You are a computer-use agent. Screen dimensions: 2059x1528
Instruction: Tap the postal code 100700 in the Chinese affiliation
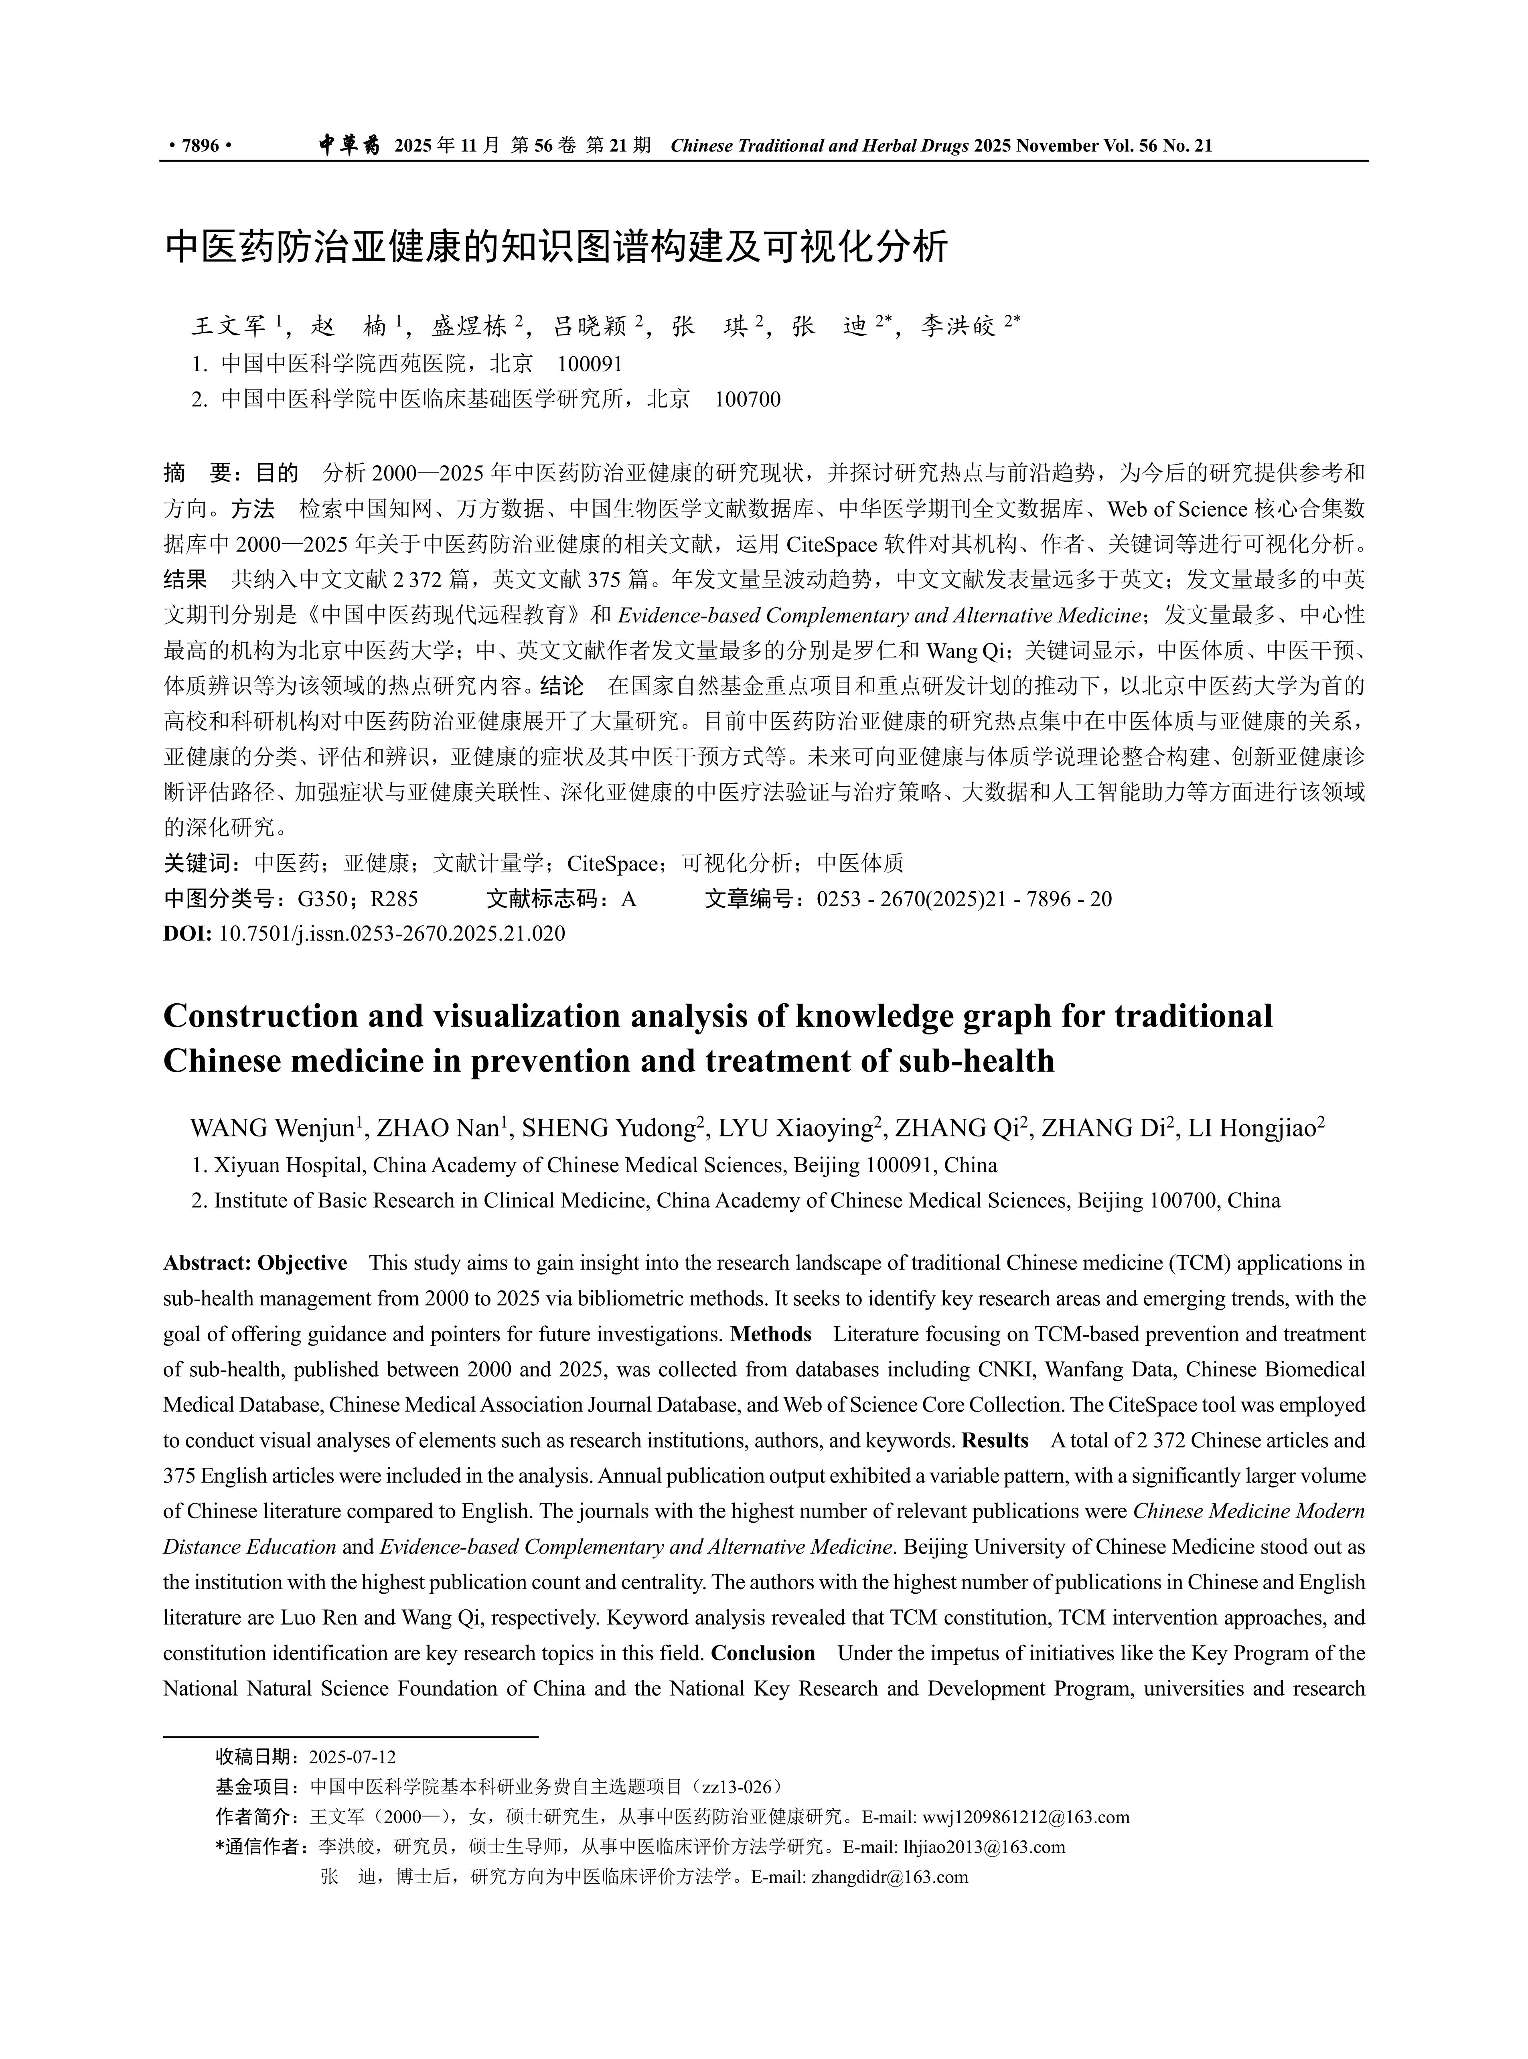pyautogui.click(x=747, y=400)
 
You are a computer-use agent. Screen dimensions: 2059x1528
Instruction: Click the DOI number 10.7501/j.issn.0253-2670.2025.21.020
pyautogui.click(x=391, y=933)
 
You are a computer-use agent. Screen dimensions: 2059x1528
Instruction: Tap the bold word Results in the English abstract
pyautogui.click(x=995, y=1440)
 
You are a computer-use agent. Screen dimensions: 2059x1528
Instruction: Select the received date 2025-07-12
pyautogui.click(x=353, y=1757)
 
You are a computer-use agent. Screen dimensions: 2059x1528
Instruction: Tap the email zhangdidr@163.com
pyautogui.click(x=889, y=1877)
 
